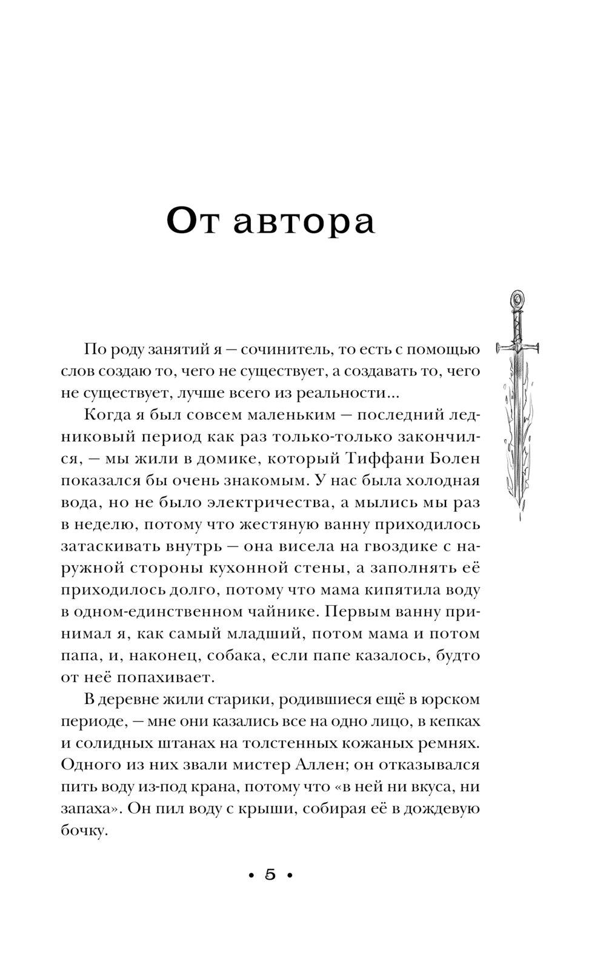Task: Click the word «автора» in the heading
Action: point(304,223)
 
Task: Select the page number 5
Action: point(270,875)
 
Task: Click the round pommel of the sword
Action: point(517,299)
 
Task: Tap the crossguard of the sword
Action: point(518,348)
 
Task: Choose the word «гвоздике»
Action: point(391,546)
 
